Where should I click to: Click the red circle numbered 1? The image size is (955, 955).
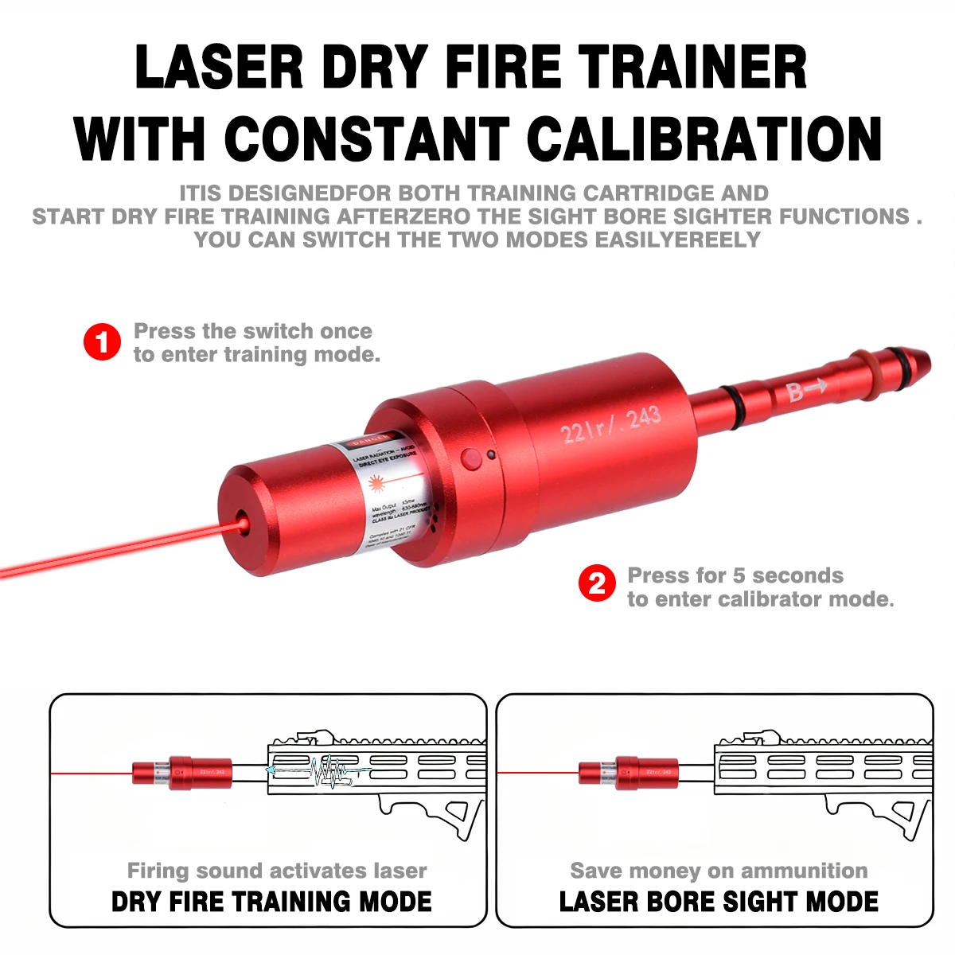tap(103, 342)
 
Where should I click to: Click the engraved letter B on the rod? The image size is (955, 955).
tap(795, 392)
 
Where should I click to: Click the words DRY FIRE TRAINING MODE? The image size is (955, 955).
tap(271, 902)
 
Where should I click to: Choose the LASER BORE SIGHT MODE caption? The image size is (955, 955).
tap(719, 902)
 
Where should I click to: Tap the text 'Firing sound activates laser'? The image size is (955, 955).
tap(277, 871)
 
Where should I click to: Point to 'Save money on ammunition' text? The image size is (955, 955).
tap(719, 871)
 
